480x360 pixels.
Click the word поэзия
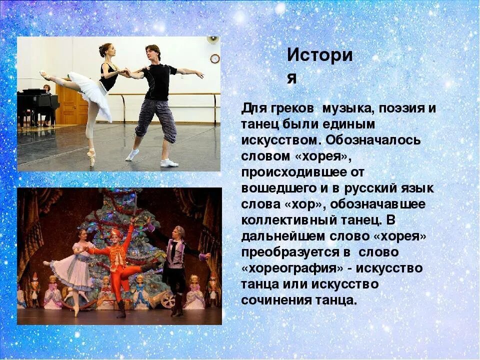coord(396,108)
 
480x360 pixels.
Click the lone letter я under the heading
coord(291,78)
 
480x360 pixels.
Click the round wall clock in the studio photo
coord(215,58)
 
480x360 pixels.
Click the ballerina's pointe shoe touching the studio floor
coord(91,161)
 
